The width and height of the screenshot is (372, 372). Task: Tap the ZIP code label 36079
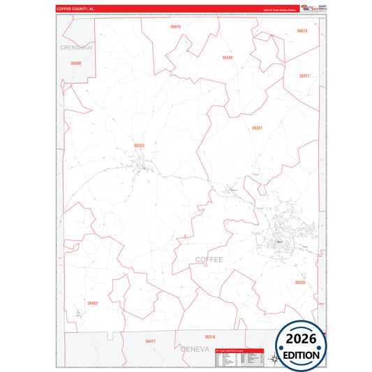pos(175,27)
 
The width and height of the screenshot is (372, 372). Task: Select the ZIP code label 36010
pos(302,31)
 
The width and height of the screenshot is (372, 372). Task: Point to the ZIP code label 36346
pos(228,57)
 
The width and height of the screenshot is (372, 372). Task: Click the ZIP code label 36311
pos(304,75)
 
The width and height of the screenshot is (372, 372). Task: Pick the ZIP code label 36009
pos(75,64)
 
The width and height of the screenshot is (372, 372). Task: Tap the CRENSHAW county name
pos(76,47)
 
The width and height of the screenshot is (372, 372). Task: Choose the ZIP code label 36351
pos(257,128)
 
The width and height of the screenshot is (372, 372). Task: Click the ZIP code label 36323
pos(139,146)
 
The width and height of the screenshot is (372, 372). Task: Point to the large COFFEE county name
pos(209,259)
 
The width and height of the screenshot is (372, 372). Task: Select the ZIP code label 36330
pos(299,283)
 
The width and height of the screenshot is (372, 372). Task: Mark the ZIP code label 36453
pos(93,304)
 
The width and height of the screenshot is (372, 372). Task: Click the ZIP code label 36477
pos(150,341)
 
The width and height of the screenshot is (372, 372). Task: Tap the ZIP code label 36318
pos(200,336)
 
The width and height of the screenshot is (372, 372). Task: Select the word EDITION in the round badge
pos(301,355)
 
